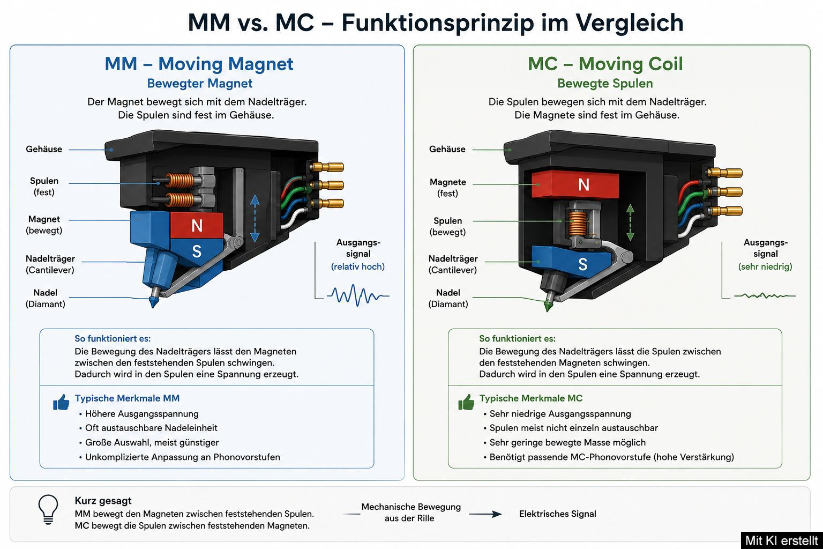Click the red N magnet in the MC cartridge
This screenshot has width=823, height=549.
[x=575, y=184]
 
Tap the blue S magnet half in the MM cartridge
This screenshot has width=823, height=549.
[x=197, y=251]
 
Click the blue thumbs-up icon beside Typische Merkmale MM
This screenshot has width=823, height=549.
[x=61, y=402]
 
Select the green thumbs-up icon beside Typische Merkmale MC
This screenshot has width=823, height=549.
[x=466, y=402]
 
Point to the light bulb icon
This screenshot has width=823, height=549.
[x=48, y=509]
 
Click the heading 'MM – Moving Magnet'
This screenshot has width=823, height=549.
[x=199, y=64]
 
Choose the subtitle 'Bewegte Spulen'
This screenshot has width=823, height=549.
[x=605, y=84]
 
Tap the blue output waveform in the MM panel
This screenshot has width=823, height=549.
[x=358, y=295]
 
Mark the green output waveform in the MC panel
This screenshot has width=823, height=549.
[x=765, y=295]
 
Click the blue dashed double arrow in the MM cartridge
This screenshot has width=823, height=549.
[x=255, y=218]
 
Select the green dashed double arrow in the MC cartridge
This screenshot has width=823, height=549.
[x=630, y=222]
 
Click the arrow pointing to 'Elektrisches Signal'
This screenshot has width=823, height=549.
[x=485, y=514]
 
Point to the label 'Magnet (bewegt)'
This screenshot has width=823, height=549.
[x=44, y=225]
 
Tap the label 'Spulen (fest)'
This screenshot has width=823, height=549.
[x=44, y=187]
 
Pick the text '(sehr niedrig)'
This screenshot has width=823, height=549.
[x=765, y=266]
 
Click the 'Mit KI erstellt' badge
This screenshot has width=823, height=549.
[x=782, y=540]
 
